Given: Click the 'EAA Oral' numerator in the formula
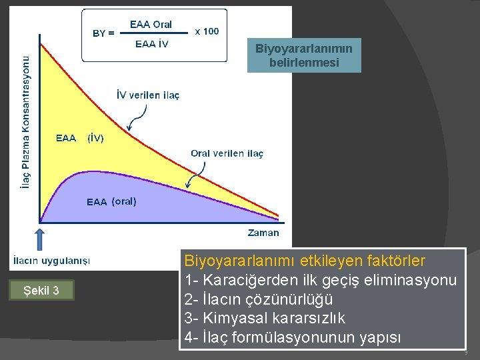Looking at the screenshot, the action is click(151, 25).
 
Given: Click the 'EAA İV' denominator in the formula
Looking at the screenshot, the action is click(151, 45).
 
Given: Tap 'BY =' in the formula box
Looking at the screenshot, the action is click(103, 33).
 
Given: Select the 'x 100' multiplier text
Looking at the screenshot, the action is click(206, 31).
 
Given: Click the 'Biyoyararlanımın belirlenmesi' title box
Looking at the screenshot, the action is click(304, 55).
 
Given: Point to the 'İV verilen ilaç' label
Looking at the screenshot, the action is click(148, 95).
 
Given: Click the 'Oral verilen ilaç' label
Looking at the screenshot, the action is click(227, 153).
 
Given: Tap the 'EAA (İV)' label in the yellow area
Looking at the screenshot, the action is click(79, 139).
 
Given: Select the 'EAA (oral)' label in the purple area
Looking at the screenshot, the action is click(111, 201).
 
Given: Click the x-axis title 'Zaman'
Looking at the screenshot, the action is click(263, 233).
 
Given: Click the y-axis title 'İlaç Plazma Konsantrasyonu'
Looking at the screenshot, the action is click(25, 122).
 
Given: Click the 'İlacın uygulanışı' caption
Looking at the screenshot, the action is click(50, 260).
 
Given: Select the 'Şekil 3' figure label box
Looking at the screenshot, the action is click(41, 291).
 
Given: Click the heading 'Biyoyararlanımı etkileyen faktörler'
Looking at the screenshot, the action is click(305, 259).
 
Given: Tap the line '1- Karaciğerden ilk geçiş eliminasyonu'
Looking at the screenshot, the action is click(321, 279).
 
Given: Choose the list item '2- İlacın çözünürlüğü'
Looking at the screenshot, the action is click(258, 299).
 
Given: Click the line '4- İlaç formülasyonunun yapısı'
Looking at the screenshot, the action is click(293, 338).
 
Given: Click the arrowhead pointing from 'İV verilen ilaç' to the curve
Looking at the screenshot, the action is click(129, 128).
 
